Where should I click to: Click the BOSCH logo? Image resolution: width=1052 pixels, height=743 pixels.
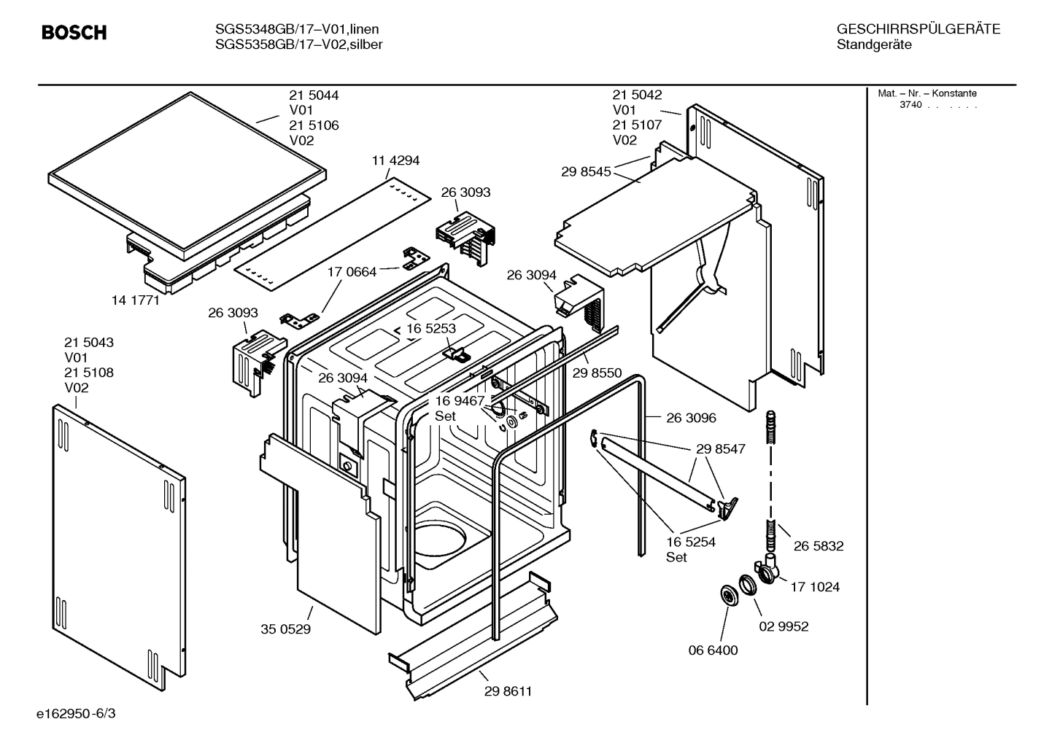[x=74, y=32]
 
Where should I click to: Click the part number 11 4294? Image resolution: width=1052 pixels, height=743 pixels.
[x=395, y=160]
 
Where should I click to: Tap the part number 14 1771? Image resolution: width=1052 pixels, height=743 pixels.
[x=135, y=300]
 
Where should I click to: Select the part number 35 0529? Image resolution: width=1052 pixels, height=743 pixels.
[x=285, y=629]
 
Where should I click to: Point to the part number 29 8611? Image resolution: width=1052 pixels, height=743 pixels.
[x=508, y=691]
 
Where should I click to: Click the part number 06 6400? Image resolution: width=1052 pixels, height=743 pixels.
[x=713, y=650]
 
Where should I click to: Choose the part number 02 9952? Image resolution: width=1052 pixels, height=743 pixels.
[x=784, y=626]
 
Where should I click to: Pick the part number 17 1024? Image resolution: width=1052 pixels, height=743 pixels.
[x=815, y=587]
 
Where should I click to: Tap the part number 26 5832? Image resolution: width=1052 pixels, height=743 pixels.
[x=819, y=545]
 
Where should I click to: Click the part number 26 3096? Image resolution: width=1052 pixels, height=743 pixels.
[x=691, y=418]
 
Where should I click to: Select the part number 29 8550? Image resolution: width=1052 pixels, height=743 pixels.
[x=597, y=373]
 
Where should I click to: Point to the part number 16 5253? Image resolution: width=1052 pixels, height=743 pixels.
[x=431, y=328]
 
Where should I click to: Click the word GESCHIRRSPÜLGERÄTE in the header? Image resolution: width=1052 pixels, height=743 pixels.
[x=918, y=29]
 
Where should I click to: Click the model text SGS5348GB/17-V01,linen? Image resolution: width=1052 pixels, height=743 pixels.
[x=297, y=29]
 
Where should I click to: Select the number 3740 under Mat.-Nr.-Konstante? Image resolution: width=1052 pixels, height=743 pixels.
[x=910, y=105]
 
